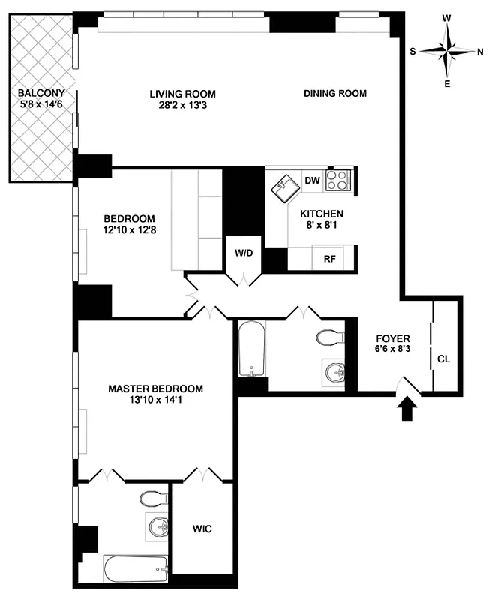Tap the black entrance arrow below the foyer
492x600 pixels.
pyautogui.click(x=407, y=409)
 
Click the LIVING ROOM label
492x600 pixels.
pyautogui.click(x=182, y=94)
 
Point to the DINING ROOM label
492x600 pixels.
pyautogui.click(x=334, y=94)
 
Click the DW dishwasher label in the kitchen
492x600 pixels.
pyautogui.click(x=312, y=180)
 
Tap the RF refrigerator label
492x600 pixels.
pyautogui.click(x=328, y=259)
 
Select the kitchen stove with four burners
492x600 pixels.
pyautogui.click(x=338, y=180)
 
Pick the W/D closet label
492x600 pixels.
pyautogui.click(x=244, y=253)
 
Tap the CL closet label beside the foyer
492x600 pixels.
pyautogui.click(x=443, y=358)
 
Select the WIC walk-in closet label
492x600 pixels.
pyautogui.click(x=202, y=529)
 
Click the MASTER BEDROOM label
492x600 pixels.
pyautogui.click(x=155, y=388)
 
